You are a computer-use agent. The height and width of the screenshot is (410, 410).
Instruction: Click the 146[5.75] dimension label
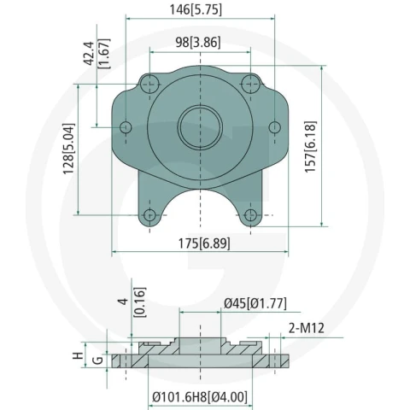coord(196,9)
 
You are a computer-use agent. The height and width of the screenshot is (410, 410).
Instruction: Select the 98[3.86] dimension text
coord(198,43)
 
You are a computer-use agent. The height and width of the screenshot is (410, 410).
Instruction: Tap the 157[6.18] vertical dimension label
coord(310,146)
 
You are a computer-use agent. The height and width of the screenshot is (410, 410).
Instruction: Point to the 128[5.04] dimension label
coord(68,149)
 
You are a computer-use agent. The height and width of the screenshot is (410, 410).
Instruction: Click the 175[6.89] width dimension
coord(204,243)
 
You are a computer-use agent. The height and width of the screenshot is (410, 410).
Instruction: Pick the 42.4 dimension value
coord(89,54)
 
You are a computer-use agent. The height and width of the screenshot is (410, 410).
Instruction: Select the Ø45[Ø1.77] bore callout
coord(255,303)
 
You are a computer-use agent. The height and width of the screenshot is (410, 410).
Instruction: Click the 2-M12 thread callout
coord(307,328)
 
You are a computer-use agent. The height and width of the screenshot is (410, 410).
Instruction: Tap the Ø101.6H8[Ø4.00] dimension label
coord(200,397)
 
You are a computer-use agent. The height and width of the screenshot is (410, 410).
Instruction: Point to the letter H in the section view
coord(78,355)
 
